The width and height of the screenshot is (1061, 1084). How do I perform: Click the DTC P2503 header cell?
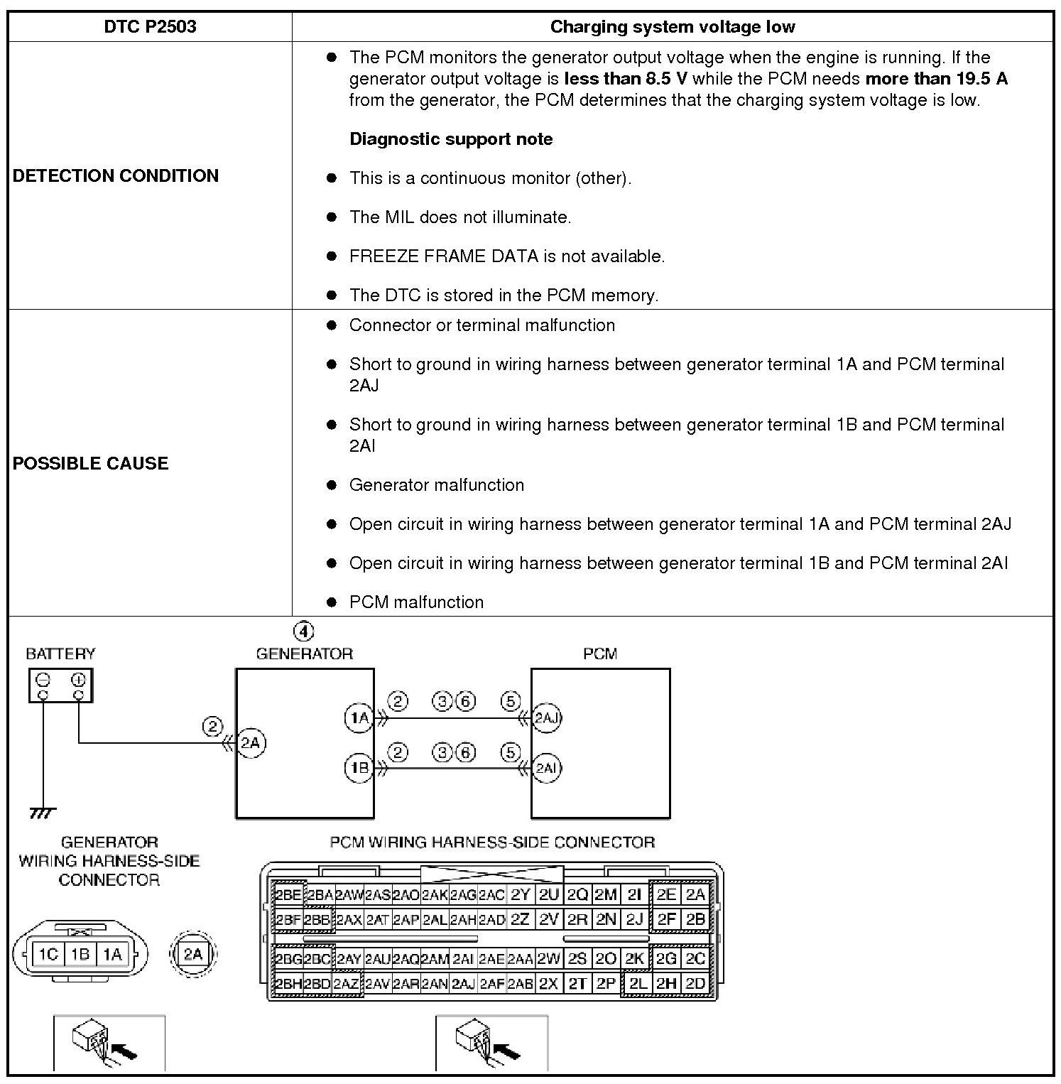(x=150, y=27)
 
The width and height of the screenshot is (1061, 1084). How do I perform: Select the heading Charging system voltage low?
(x=672, y=27)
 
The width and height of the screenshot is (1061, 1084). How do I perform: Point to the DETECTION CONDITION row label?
(x=116, y=175)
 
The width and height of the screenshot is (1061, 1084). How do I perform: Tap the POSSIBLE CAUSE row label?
(x=91, y=463)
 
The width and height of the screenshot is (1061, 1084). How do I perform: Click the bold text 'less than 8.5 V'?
(x=626, y=78)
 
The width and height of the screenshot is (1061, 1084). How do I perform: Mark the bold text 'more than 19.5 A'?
(x=936, y=78)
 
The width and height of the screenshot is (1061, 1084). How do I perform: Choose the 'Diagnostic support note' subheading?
(x=451, y=139)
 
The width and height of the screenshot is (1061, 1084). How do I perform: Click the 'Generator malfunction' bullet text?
(x=436, y=484)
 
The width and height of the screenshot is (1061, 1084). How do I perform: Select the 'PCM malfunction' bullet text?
(x=416, y=602)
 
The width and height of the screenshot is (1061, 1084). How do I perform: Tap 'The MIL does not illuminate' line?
(x=459, y=217)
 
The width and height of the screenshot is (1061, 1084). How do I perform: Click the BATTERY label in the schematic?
(x=60, y=654)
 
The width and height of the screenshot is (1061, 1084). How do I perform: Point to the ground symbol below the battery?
(x=43, y=812)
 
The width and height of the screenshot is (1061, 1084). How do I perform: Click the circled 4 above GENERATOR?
(x=303, y=631)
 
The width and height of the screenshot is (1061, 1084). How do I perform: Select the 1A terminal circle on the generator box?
(x=359, y=717)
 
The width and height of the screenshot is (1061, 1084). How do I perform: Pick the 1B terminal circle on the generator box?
(x=359, y=768)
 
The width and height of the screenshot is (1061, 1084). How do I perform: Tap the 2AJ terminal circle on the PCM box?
(x=546, y=717)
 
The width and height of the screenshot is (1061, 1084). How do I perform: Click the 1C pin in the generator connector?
(x=48, y=953)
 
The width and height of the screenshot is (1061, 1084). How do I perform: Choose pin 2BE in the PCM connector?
(x=288, y=895)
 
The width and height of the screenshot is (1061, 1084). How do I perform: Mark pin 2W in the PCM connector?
(x=548, y=959)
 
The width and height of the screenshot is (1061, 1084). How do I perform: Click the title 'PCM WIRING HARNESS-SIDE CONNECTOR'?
(x=492, y=842)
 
